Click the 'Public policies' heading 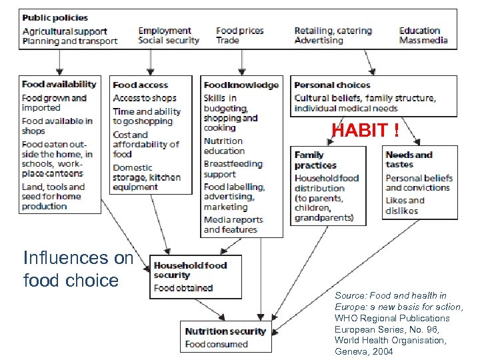point(55,17)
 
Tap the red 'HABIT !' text point(366,131)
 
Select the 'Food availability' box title point(59,85)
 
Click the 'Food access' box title point(141,85)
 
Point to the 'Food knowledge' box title point(241,85)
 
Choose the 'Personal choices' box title point(332,85)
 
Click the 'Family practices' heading point(315,160)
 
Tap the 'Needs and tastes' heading point(409,160)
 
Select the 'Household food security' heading point(190,270)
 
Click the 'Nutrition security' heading point(225,331)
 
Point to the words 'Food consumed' point(216,345)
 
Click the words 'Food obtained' point(183,288)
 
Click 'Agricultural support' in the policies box point(65,31)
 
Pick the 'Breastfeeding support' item point(233,169)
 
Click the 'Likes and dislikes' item point(405,205)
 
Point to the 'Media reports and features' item point(233,225)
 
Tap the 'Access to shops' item point(145,98)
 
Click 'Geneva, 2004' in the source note point(364,351)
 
